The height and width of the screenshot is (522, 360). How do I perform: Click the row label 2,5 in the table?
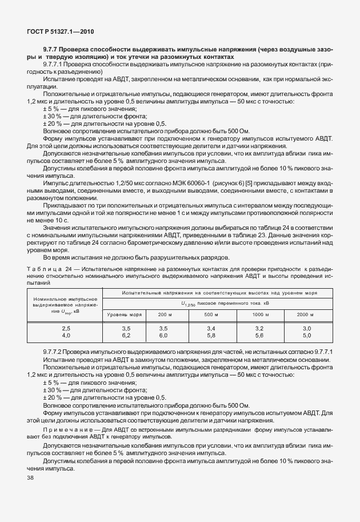click(66, 329)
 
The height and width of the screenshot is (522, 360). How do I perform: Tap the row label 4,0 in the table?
click(66, 336)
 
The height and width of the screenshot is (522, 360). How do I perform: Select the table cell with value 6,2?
click(126, 336)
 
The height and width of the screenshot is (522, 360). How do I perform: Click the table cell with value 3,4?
click(211, 329)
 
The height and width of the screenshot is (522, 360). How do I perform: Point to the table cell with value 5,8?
click(211, 336)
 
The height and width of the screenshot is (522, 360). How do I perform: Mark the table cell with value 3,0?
click(306, 329)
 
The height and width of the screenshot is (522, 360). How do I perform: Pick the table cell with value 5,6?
click(259, 336)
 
